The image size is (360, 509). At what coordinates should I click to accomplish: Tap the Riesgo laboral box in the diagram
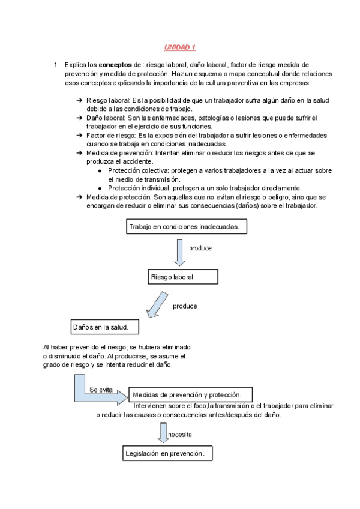(x=182, y=277)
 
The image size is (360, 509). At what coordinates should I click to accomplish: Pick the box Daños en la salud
(x=105, y=327)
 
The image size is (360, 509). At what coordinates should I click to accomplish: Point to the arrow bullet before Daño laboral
(x=80, y=118)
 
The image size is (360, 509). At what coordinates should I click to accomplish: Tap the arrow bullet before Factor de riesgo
(x=80, y=136)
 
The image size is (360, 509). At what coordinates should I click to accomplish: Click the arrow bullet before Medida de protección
(x=80, y=197)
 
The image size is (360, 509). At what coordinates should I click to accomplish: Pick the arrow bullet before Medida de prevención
(x=80, y=154)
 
